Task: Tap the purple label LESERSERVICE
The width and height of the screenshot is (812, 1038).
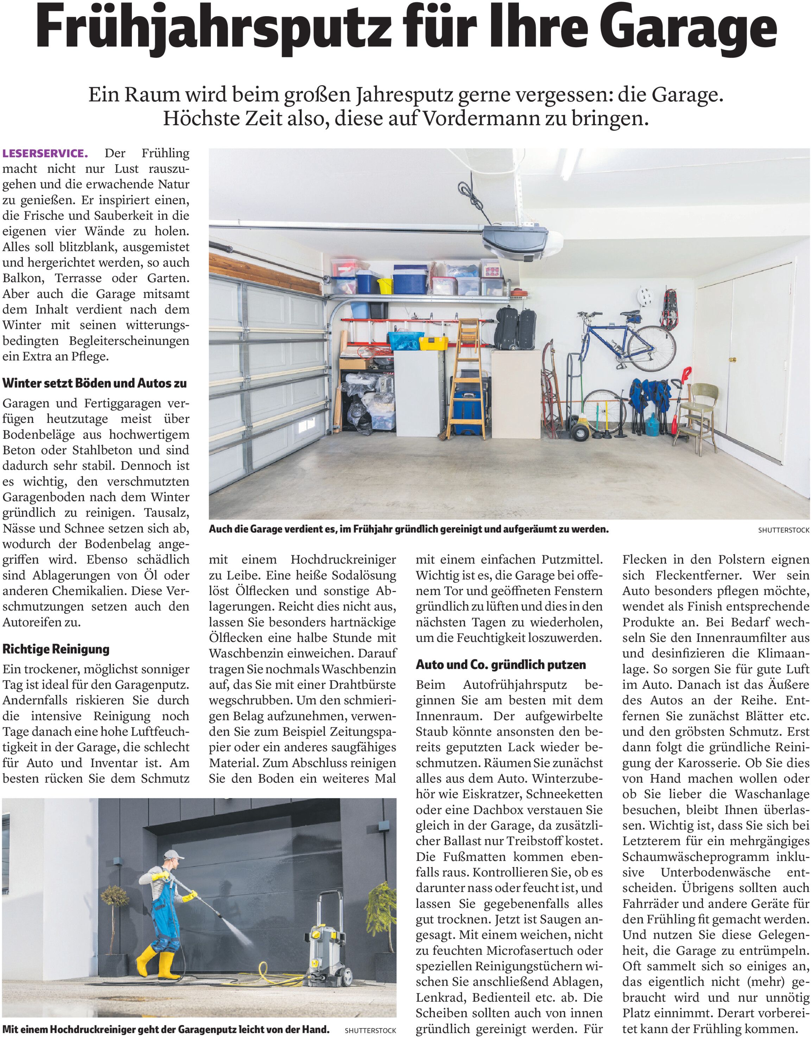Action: click(45, 153)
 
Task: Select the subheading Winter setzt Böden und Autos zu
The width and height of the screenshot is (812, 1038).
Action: click(95, 383)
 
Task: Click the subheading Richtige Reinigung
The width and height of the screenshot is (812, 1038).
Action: click(56, 649)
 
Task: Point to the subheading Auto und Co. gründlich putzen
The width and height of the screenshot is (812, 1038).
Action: click(501, 664)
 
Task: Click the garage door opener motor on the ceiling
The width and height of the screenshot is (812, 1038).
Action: click(515, 242)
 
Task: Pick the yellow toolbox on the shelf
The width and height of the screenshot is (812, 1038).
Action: click(433, 343)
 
